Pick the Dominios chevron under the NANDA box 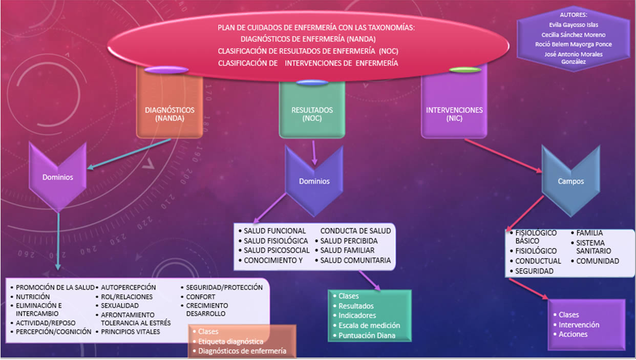coord(58,177)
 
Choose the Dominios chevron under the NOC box coord(314,180)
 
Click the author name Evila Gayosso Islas coord(573,25)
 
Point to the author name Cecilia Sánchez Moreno coord(574,35)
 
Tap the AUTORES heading coord(574,15)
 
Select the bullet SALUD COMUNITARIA coord(355,261)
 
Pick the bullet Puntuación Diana coord(367,335)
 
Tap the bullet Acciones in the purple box coord(573,334)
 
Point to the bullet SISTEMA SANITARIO coord(593,247)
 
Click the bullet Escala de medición coord(369,326)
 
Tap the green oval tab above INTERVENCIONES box coord(465,69)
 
